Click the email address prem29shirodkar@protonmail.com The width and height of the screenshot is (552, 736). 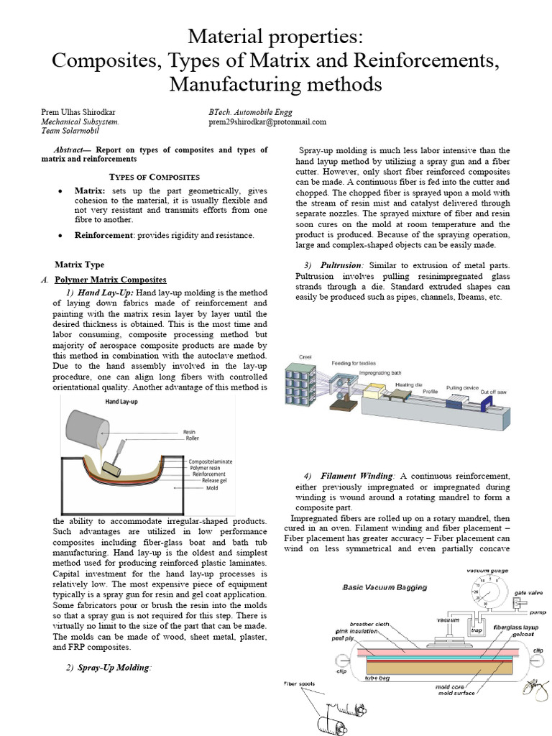pyautogui.click(x=267, y=122)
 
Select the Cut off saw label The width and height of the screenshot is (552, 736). pyautogui.click(x=494, y=392)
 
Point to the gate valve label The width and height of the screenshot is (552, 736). pyautogui.click(x=529, y=593)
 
